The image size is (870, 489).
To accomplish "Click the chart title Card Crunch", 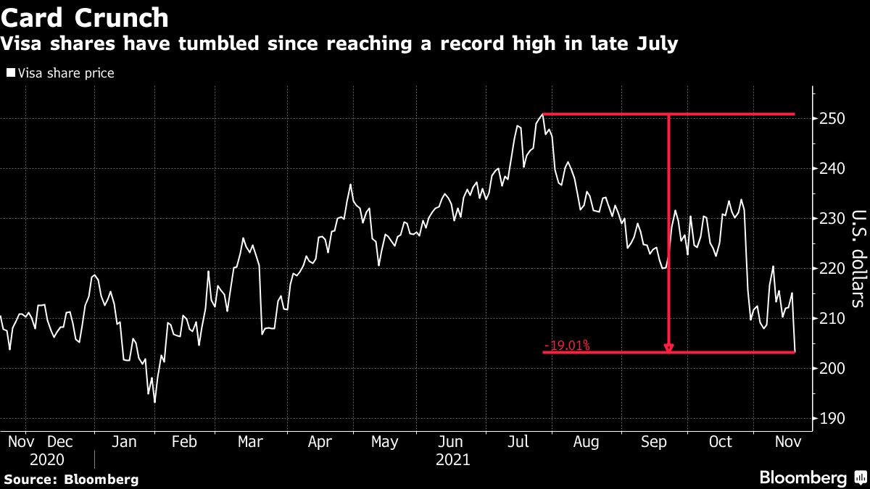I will [x=85, y=17].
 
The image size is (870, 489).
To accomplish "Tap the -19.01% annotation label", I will [x=566, y=346].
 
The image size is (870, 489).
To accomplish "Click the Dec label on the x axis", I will [x=59, y=441].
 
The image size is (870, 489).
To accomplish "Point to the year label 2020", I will [x=47, y=460].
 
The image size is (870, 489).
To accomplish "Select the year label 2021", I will [x=453, y=460].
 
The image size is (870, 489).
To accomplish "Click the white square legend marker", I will [x=11, y=73].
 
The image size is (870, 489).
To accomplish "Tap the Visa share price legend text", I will [x=66, y=73].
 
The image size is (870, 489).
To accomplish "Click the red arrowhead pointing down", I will [x=668, y=348].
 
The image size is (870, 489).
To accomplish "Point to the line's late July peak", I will [x=542, y=114].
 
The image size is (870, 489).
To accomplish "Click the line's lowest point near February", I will [x=154, y=402].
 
